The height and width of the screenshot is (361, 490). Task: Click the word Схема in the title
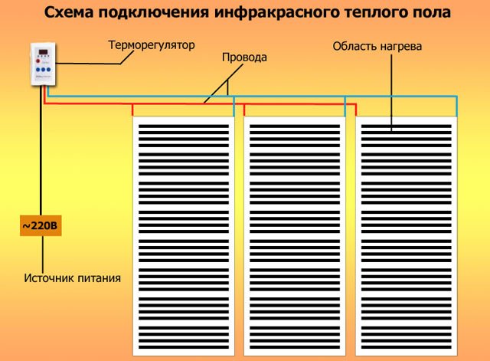[x=70, y=12]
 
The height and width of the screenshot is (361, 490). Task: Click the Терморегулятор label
[x=152, y=45]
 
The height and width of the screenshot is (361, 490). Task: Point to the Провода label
[x=244, y=57]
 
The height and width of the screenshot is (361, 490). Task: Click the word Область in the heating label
[x=354, y=46]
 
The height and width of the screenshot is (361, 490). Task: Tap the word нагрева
[x=401, y=47]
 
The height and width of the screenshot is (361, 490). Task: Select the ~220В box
[x=41, y=225]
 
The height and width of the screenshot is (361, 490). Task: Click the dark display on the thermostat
[x=43, y=52]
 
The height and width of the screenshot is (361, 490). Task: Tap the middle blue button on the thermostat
[x=43, y=70]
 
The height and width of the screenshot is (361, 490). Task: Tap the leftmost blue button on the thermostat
[x=38, y=70]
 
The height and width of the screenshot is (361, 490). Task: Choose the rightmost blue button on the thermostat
[x=48, y=70]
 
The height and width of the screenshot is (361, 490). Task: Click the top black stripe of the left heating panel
[x=184, y=126]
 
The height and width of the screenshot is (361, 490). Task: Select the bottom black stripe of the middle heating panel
[x=295, y=347]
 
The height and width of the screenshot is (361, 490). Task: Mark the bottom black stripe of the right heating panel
[x=407, y=347]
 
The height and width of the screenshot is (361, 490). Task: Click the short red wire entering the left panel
[x=132, y=110]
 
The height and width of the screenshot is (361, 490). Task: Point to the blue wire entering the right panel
[x=456, y=107]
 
